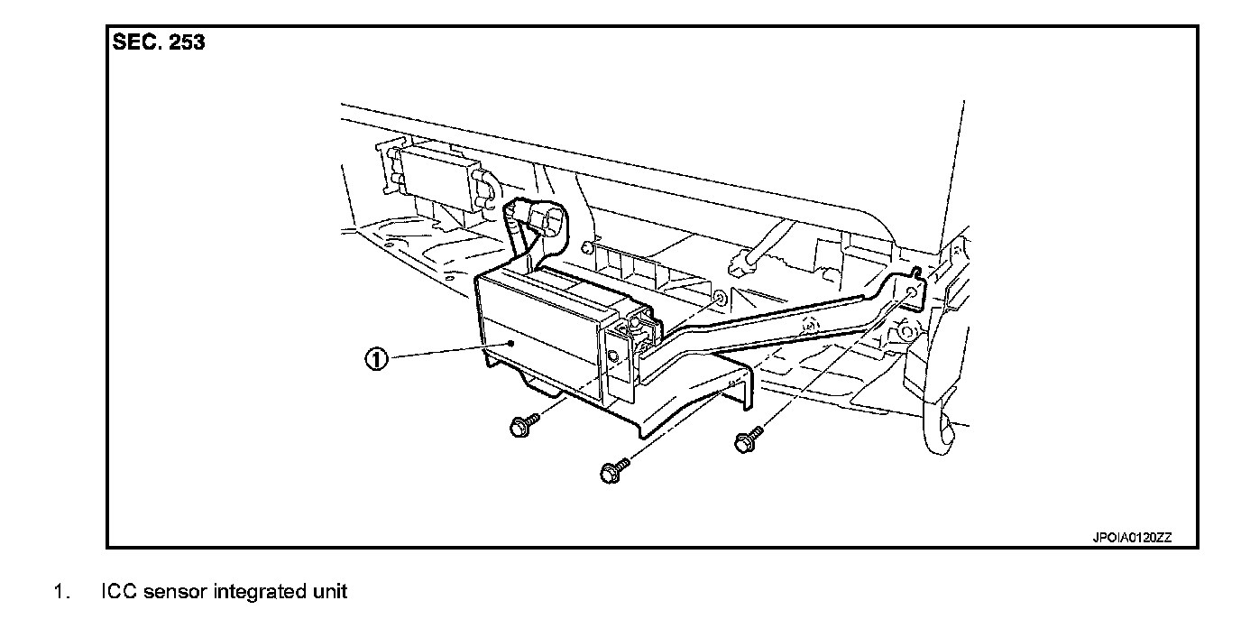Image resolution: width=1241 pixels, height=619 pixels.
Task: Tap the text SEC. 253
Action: pos(159,42)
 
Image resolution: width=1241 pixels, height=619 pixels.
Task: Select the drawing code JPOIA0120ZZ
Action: pos(1132,538)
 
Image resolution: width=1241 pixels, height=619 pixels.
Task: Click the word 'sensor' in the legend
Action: pos(172,593)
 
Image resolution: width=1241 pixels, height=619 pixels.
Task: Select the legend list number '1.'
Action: pos(60,593)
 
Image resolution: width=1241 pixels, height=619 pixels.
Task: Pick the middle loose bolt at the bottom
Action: pos(612,470)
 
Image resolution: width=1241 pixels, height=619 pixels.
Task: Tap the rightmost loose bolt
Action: pos(745,441)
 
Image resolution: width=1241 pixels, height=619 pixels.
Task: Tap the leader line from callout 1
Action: pos(442,353)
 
